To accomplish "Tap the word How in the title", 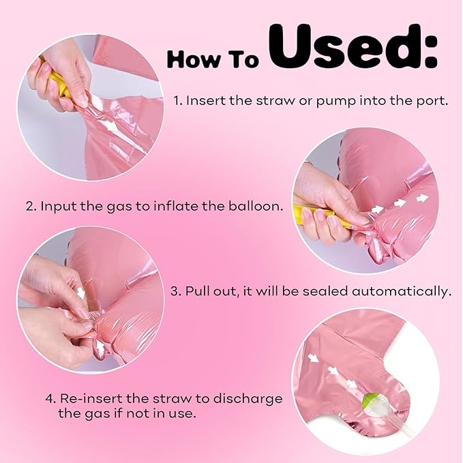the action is click(x=191, y=59).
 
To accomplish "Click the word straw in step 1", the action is click(x=275, y=101).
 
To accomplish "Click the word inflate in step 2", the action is click(x=176, y=205).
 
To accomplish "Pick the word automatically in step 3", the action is click(x=402, y=292).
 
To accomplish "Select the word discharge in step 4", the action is click(x=248, y=399).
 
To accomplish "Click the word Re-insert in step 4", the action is click(x=91, y=398).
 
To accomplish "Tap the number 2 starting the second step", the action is click(x=30, y=206).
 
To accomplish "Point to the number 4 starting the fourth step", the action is click(x=50, y=399).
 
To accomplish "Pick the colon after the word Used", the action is click(x=430, y=53).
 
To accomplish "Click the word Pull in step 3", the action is click(x=197, y=291).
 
